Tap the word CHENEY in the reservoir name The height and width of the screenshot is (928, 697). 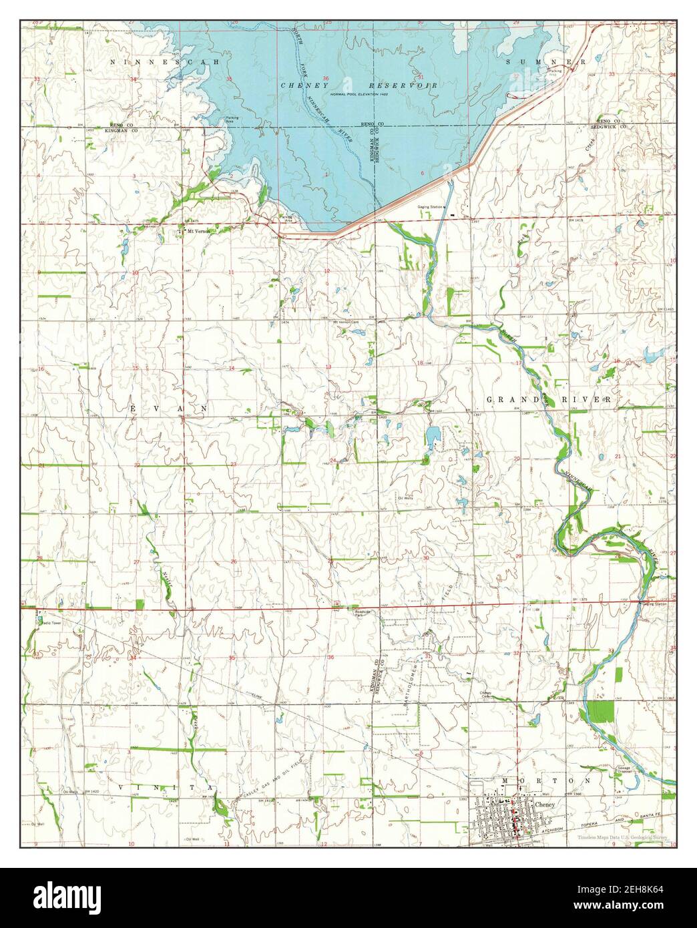click(300, 85)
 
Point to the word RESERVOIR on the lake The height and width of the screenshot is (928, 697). click(405, 85)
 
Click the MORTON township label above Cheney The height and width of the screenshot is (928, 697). click(545, 780)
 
